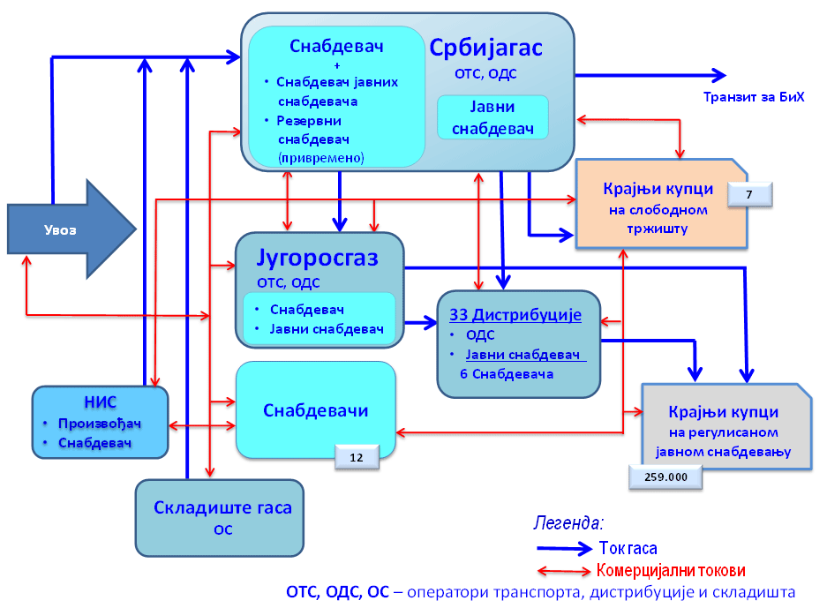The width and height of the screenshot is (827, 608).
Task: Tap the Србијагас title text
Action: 486,48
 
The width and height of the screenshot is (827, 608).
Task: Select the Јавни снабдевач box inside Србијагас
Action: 492,117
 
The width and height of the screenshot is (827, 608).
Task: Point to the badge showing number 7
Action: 749,194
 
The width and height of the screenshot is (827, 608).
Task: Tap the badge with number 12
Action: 357,457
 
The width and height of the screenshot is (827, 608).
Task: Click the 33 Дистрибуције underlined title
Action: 516,315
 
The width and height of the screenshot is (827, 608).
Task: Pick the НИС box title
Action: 100,401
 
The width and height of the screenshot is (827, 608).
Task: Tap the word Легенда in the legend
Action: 568,522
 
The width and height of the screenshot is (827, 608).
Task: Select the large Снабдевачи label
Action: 316,410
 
